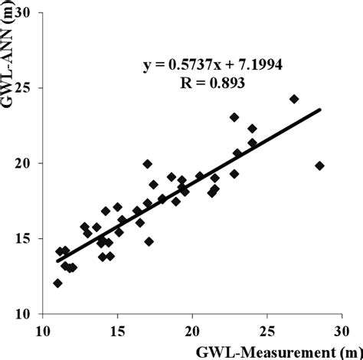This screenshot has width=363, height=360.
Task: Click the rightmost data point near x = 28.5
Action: [319, 165]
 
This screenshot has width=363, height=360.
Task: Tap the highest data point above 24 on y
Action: [293, 99]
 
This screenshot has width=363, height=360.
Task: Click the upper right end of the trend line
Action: [319, 110]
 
